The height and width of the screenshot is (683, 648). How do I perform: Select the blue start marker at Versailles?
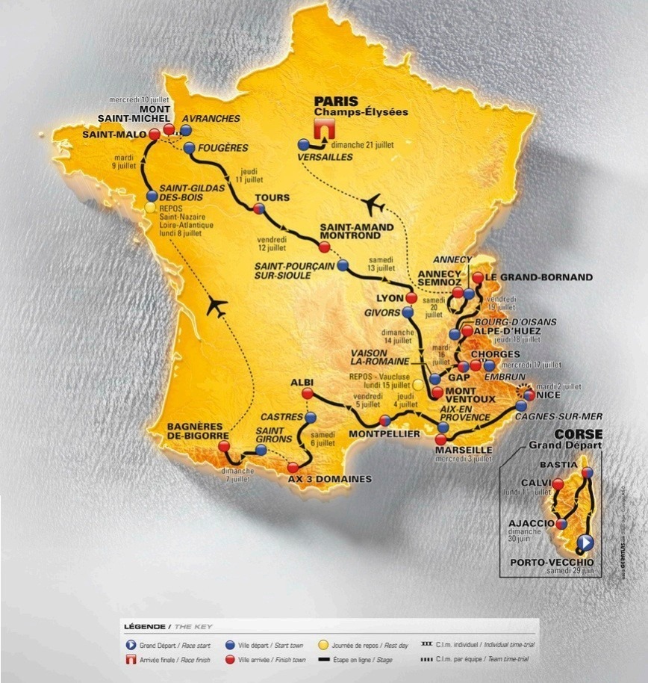tap(303, 144)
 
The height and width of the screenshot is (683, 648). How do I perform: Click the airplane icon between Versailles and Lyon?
tap(374, 203)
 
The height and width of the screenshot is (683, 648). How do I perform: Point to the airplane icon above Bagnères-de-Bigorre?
tap(217, 305)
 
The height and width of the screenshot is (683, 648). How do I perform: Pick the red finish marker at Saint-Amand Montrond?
tap(323, 247)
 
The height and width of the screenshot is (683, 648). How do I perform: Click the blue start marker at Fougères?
tap(189, 147)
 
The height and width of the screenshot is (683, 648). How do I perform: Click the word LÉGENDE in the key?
tap(145, 625)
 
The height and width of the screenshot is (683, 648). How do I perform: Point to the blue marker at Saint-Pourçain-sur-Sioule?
tap(342, 265)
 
